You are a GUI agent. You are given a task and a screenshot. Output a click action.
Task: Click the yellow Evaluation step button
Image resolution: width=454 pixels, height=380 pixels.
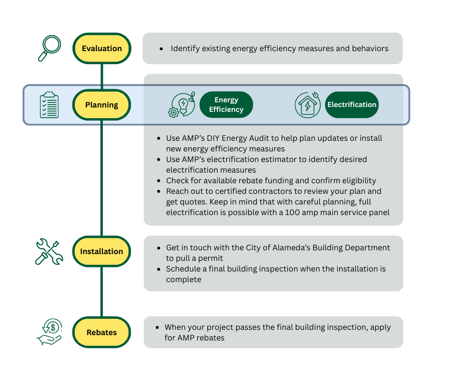(101, 48)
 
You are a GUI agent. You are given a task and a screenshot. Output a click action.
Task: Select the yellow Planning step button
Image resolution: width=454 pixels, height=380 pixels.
(101, 105)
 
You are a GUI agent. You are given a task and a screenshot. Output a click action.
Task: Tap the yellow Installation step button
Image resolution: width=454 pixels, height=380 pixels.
(101, 251)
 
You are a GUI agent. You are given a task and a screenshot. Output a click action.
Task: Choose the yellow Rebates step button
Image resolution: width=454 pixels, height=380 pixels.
(101, 332)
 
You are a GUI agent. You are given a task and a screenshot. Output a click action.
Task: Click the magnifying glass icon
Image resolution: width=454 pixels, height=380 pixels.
(49, 48)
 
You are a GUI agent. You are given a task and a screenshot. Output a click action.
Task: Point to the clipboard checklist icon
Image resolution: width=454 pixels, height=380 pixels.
(49, 105)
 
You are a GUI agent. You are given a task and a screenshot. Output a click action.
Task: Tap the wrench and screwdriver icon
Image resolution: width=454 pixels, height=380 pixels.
(49, 252)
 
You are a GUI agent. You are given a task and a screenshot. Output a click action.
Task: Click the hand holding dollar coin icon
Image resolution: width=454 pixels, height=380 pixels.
(49, 332)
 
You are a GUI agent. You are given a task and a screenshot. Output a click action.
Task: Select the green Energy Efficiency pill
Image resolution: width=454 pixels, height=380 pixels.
(226, 105)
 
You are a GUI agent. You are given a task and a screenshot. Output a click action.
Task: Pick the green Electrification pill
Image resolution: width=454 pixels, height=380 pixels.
(352, 105)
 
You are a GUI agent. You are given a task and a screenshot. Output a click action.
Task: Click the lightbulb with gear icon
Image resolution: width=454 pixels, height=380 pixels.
(182, 105)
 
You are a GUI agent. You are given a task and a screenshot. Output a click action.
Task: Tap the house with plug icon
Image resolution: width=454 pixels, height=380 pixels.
(308, 105)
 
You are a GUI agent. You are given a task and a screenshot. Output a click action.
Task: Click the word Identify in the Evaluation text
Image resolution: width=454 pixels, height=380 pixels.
(185, 48)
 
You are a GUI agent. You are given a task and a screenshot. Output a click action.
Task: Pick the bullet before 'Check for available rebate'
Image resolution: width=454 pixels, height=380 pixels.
(159, 181)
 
